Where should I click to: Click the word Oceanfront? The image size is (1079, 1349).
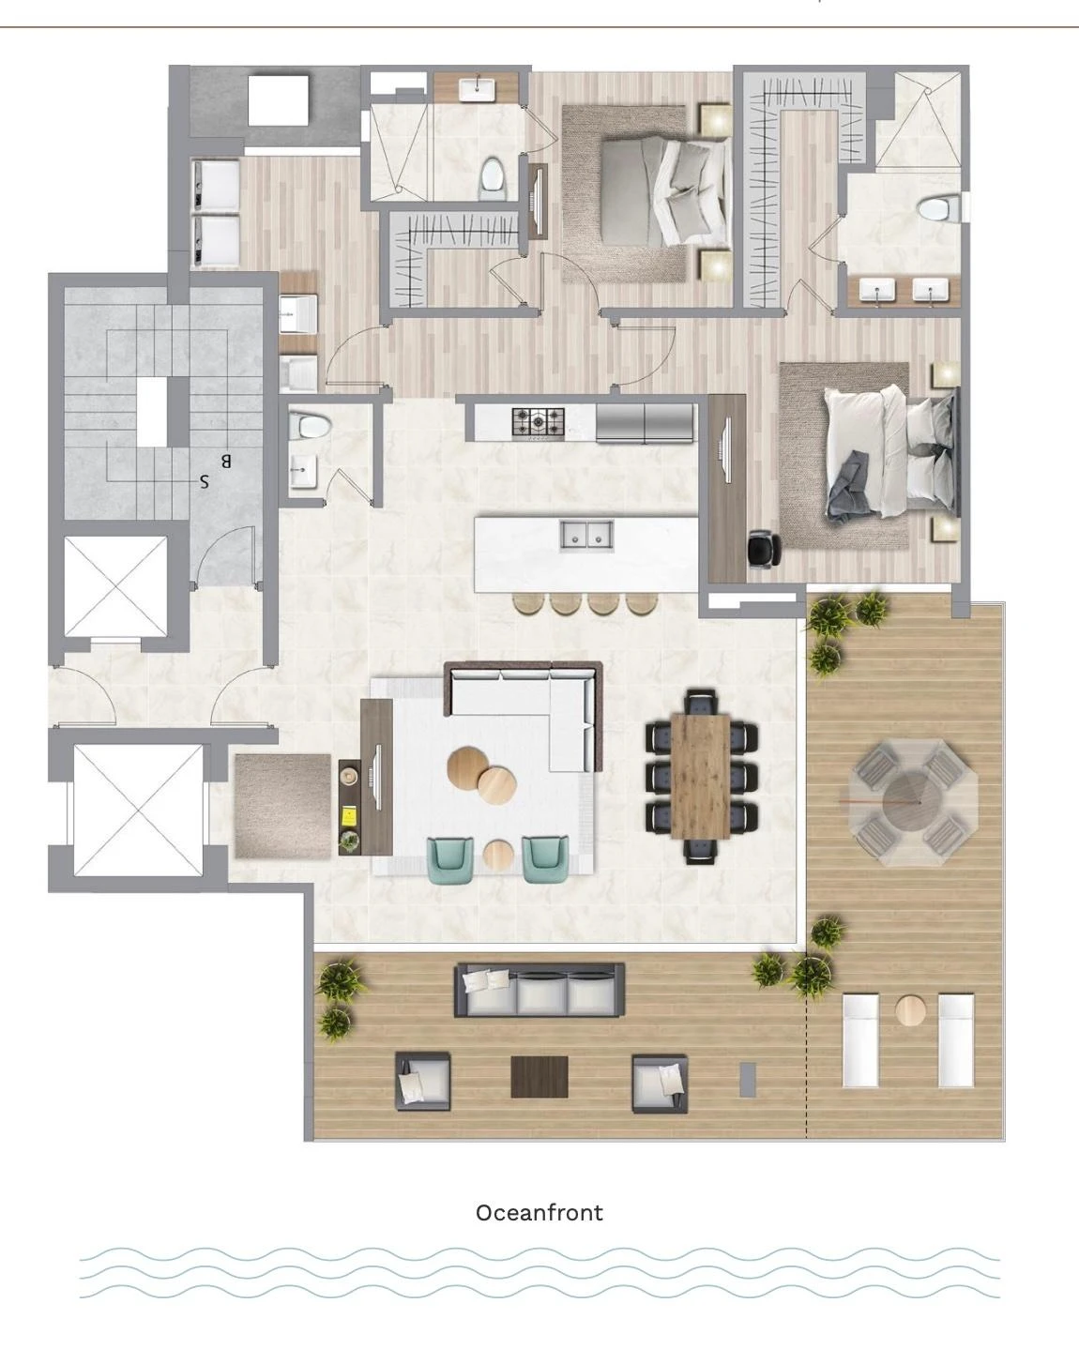click(x=539, y=1213)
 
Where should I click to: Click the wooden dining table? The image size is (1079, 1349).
click(x=700, y=776)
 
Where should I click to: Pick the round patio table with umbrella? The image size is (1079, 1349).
click(x=913, y=802)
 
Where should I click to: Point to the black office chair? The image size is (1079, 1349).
click(x=764, y=549)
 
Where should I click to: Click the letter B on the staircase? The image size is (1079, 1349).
click(x=226, y=462)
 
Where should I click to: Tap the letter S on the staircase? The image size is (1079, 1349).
click(x=204, y=481)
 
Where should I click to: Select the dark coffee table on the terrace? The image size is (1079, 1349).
click(x=539, y=1077)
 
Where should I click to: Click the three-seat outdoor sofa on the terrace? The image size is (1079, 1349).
click(x=539, y=991)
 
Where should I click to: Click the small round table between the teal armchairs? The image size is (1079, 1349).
click(x=498, y=854)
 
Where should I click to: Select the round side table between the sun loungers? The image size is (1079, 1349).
click(x=910, y=1010)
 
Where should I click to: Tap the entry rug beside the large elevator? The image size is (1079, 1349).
click(x=282, y=807)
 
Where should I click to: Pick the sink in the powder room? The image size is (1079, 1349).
click(x=303, y=471)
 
